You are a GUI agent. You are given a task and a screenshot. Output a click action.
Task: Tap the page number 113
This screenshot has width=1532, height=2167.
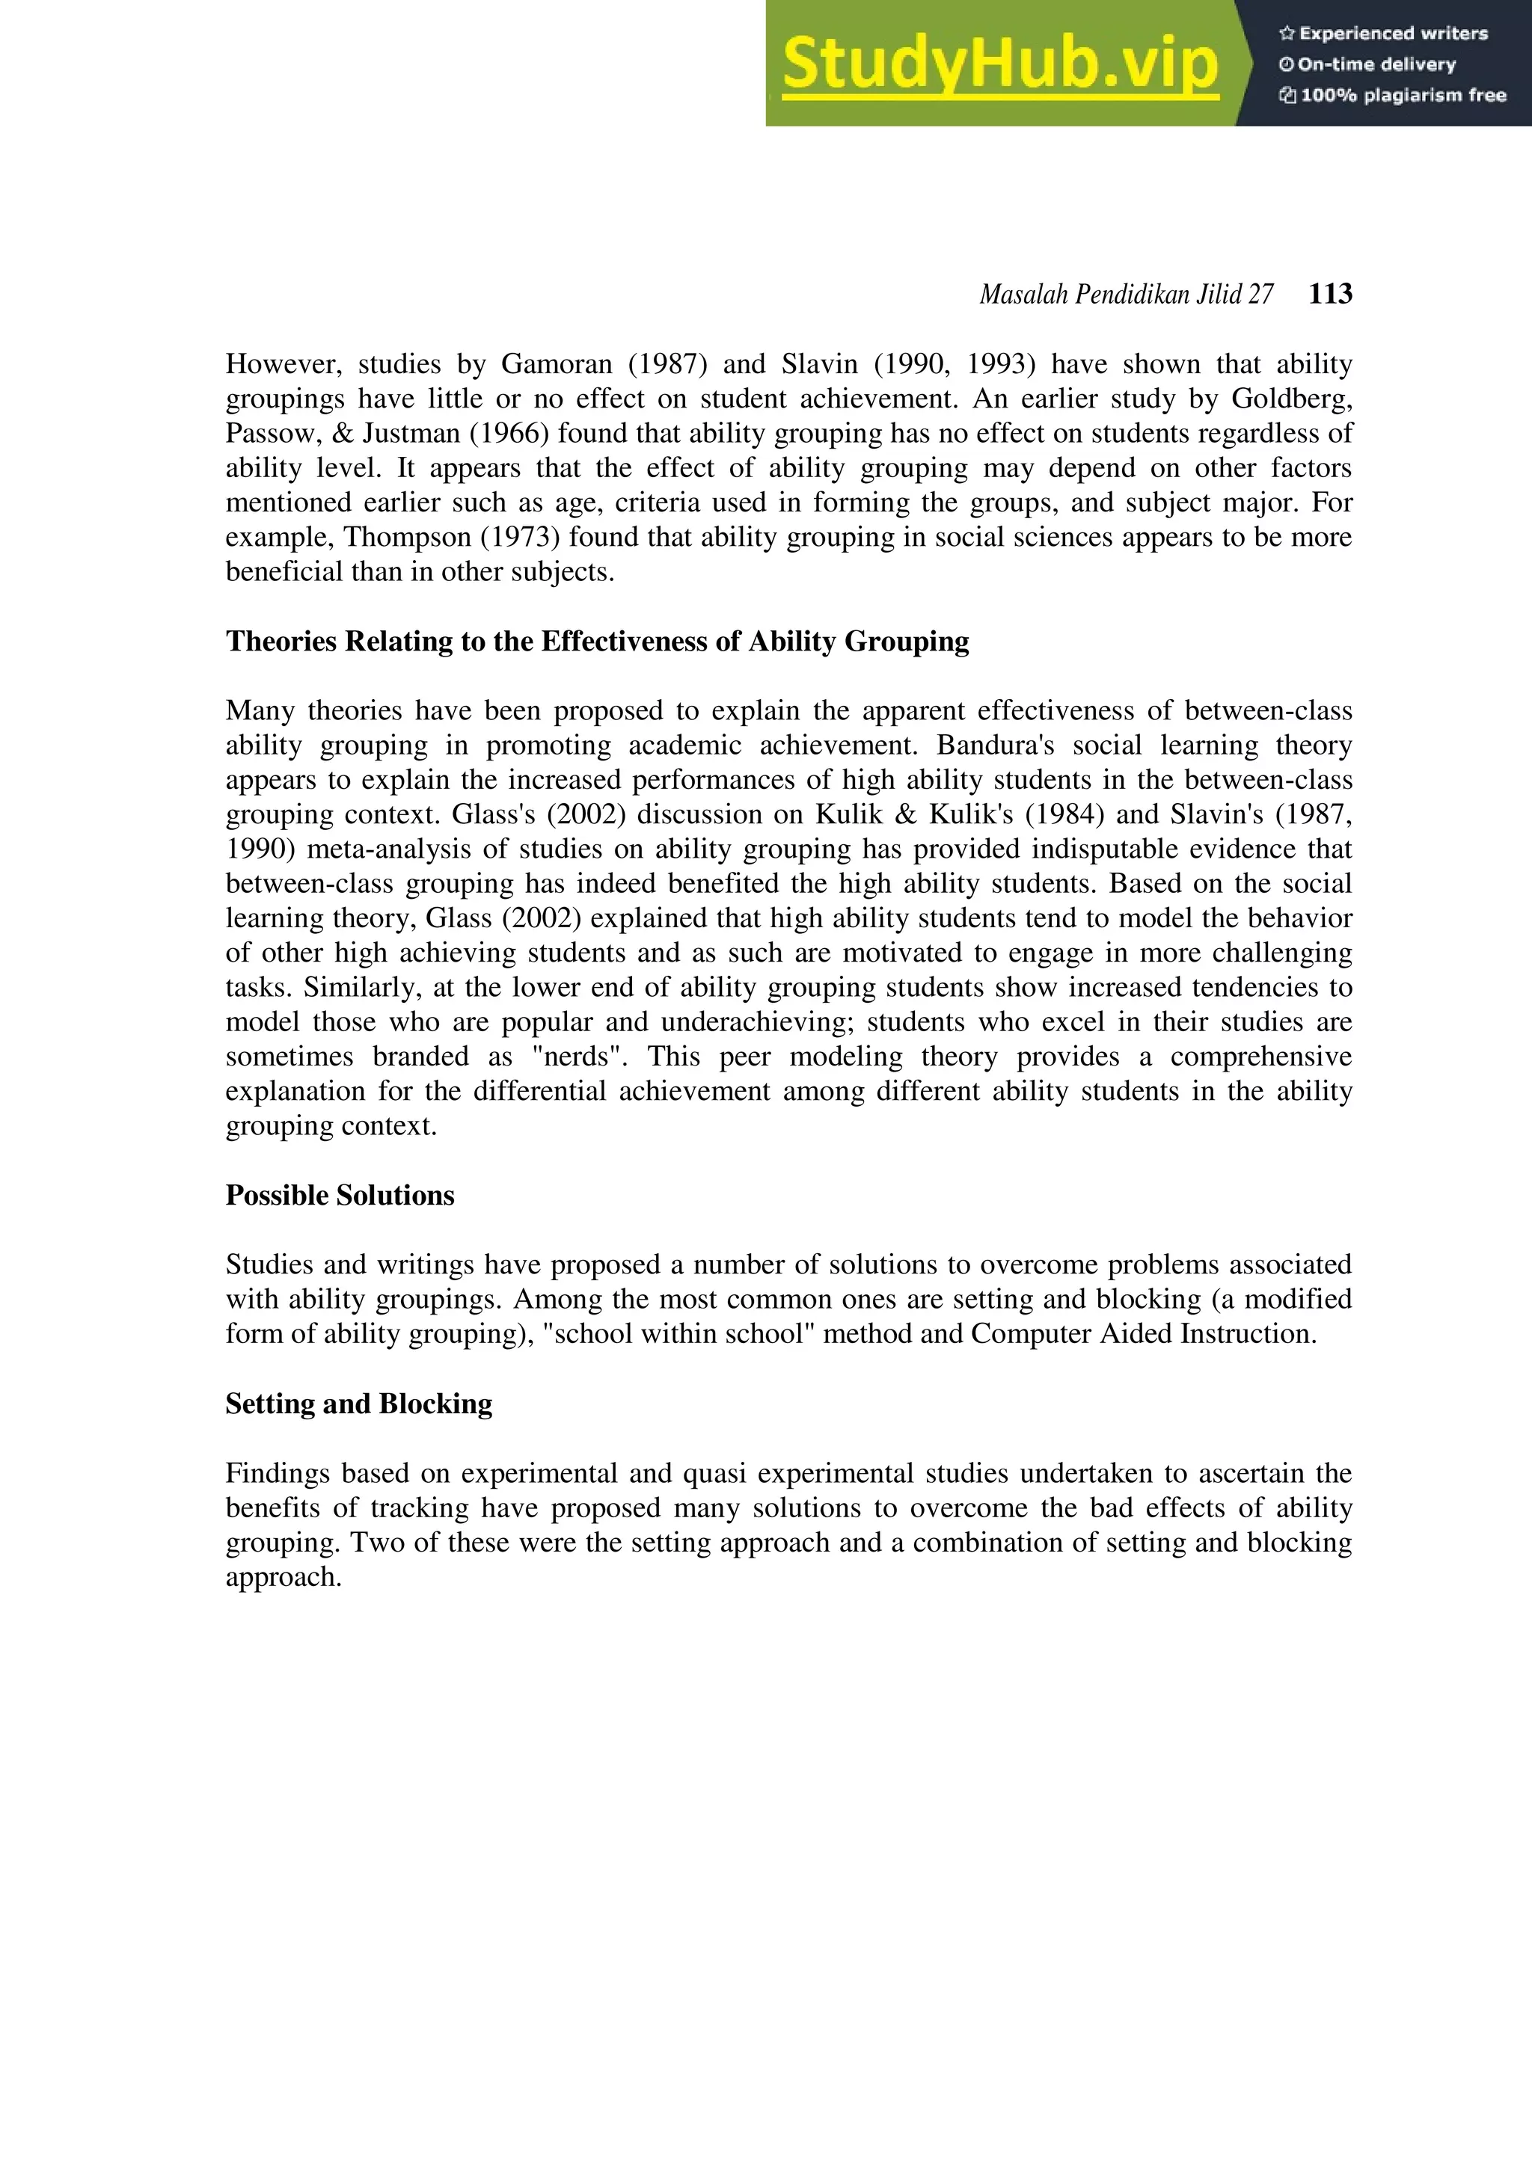(x=1330, y=295)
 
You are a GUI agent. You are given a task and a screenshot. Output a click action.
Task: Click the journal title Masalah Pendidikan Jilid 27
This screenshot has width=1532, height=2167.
(x=1125, y=295)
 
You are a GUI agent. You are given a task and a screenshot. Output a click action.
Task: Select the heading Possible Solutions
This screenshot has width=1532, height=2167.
(x=340, y=1196)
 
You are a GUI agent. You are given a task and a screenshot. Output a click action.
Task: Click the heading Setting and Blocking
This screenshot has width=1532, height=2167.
(x=359, y=1404)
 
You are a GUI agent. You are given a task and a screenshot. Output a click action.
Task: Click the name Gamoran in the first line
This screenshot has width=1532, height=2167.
(x=556, y=364)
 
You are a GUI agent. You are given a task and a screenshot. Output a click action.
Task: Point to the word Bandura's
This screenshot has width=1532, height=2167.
(x=994, y=746)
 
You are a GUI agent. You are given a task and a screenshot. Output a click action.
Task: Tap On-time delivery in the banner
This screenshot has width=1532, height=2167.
(x=1376, y=65)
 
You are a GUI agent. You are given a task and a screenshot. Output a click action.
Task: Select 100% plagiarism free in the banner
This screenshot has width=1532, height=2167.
(x=1403, y=95)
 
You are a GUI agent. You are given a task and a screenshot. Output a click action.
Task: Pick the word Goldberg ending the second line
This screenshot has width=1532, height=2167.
(x=1290, y=399)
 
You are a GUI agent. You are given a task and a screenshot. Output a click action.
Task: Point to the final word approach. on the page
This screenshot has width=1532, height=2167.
(x=284, y=1577)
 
